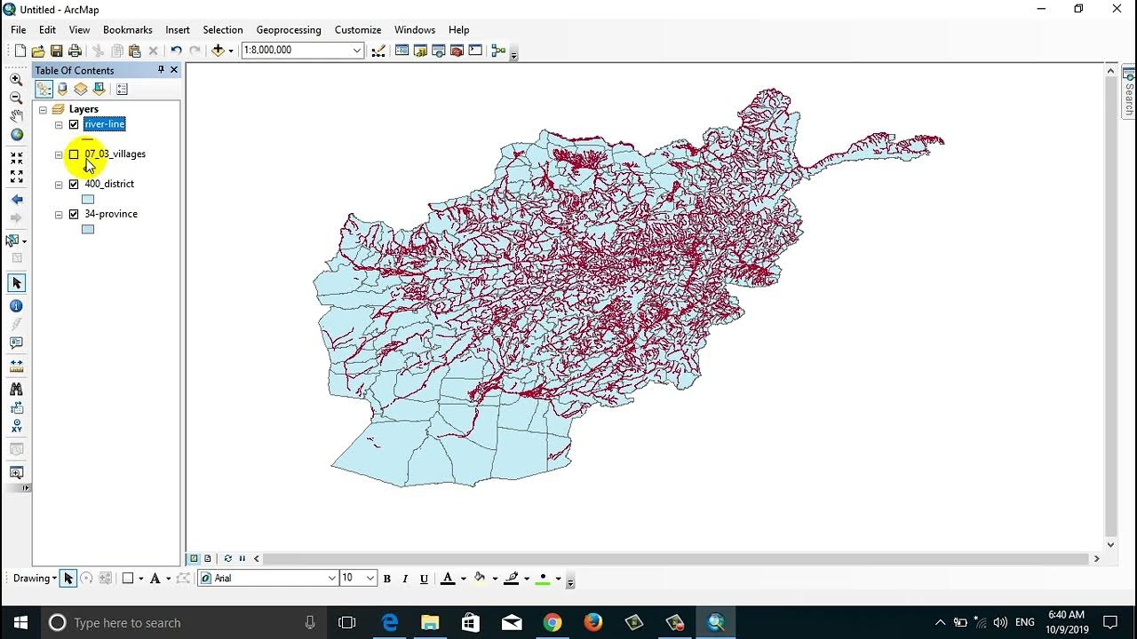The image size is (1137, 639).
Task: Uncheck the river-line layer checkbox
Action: [x=74, y=124]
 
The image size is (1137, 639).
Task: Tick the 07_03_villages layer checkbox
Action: [x=74, y=154]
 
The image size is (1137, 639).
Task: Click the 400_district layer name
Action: [x=109, y=184]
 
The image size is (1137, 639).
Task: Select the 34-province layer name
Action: [x=111, y=214]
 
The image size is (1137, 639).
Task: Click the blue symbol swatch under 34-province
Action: [x=88, y=229]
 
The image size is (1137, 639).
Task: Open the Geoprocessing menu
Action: [x=289, y=29]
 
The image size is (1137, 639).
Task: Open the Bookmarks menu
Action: [x=128, y=29]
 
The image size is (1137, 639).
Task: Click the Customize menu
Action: [x=358, y=29]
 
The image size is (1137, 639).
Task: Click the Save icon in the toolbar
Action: [x=57, y=51]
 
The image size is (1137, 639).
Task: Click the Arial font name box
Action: [x=269, y=578]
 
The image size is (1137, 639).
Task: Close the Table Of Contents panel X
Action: [x=174, y=70]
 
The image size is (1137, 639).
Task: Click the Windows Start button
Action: [x=20, y=622]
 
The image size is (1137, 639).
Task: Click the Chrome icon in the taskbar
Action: [x=553, y=622]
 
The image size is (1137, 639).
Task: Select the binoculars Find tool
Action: [x=16, y=389]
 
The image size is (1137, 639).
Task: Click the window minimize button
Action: [x=1040, y=9]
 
